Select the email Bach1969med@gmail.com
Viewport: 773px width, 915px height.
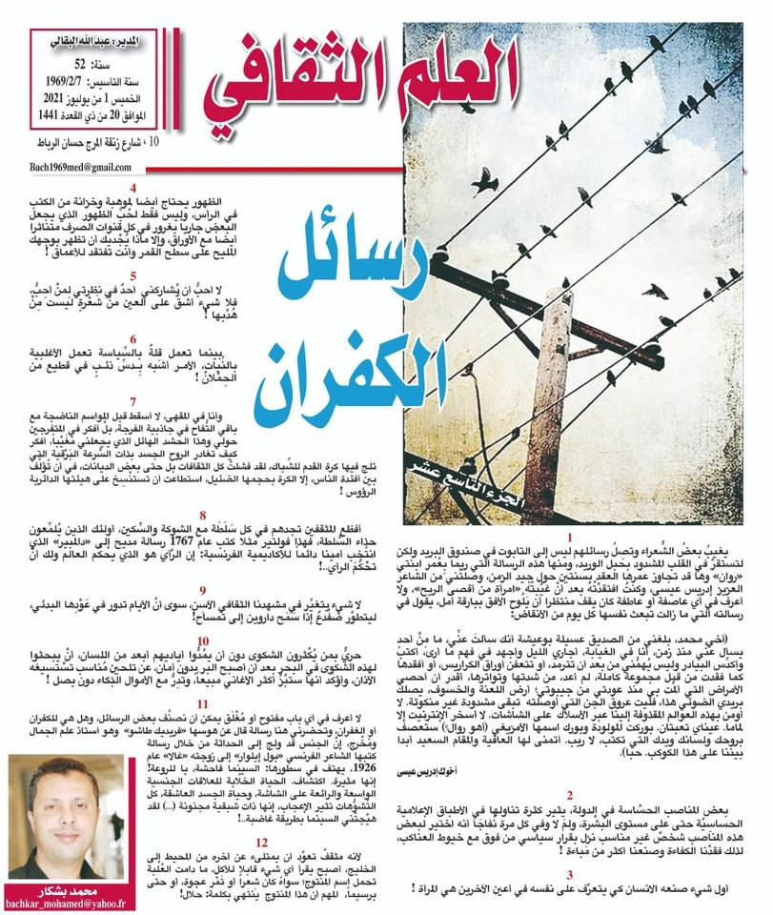pos(80,167)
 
